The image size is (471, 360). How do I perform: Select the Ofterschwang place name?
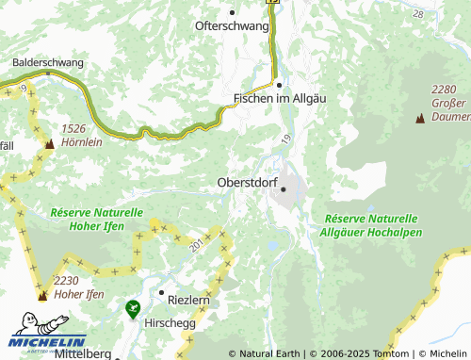pos(231,26)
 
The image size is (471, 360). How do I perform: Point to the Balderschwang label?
pos(48,63)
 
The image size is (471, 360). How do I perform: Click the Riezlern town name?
pos(187,299)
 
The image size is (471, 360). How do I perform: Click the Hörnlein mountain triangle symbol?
pos(49,144)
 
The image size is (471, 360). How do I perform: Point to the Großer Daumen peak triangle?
pos(419,120)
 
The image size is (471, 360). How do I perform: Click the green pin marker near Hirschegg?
pos(133,307)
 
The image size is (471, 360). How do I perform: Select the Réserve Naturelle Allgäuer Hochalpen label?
pos(368,224)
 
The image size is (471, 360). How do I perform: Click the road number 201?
pos(196,245)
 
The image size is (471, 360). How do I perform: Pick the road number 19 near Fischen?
pos(285,139)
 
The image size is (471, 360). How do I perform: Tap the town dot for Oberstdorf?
pos(283,189)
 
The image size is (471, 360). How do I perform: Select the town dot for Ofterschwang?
pos(232,12)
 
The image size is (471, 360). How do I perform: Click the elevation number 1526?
pos(74,127)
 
